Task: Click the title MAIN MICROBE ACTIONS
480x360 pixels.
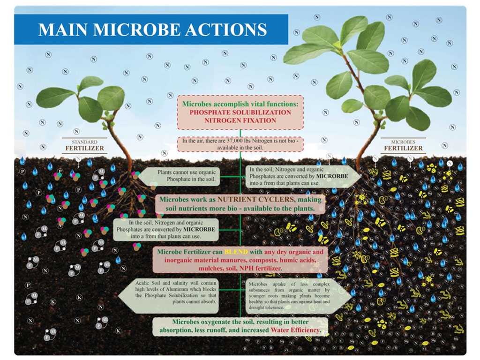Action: click(152, 30)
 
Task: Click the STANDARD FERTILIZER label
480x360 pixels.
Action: click(84, 146)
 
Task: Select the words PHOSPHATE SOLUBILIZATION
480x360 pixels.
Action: click(240, 112)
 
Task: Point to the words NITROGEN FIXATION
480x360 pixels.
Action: click(240, 120)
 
